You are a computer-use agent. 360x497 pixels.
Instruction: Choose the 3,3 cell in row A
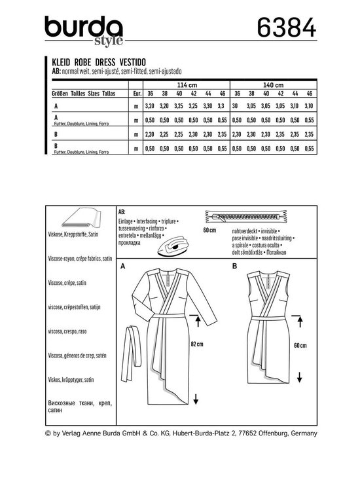220,104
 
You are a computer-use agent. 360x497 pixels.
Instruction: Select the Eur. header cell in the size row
135,94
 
